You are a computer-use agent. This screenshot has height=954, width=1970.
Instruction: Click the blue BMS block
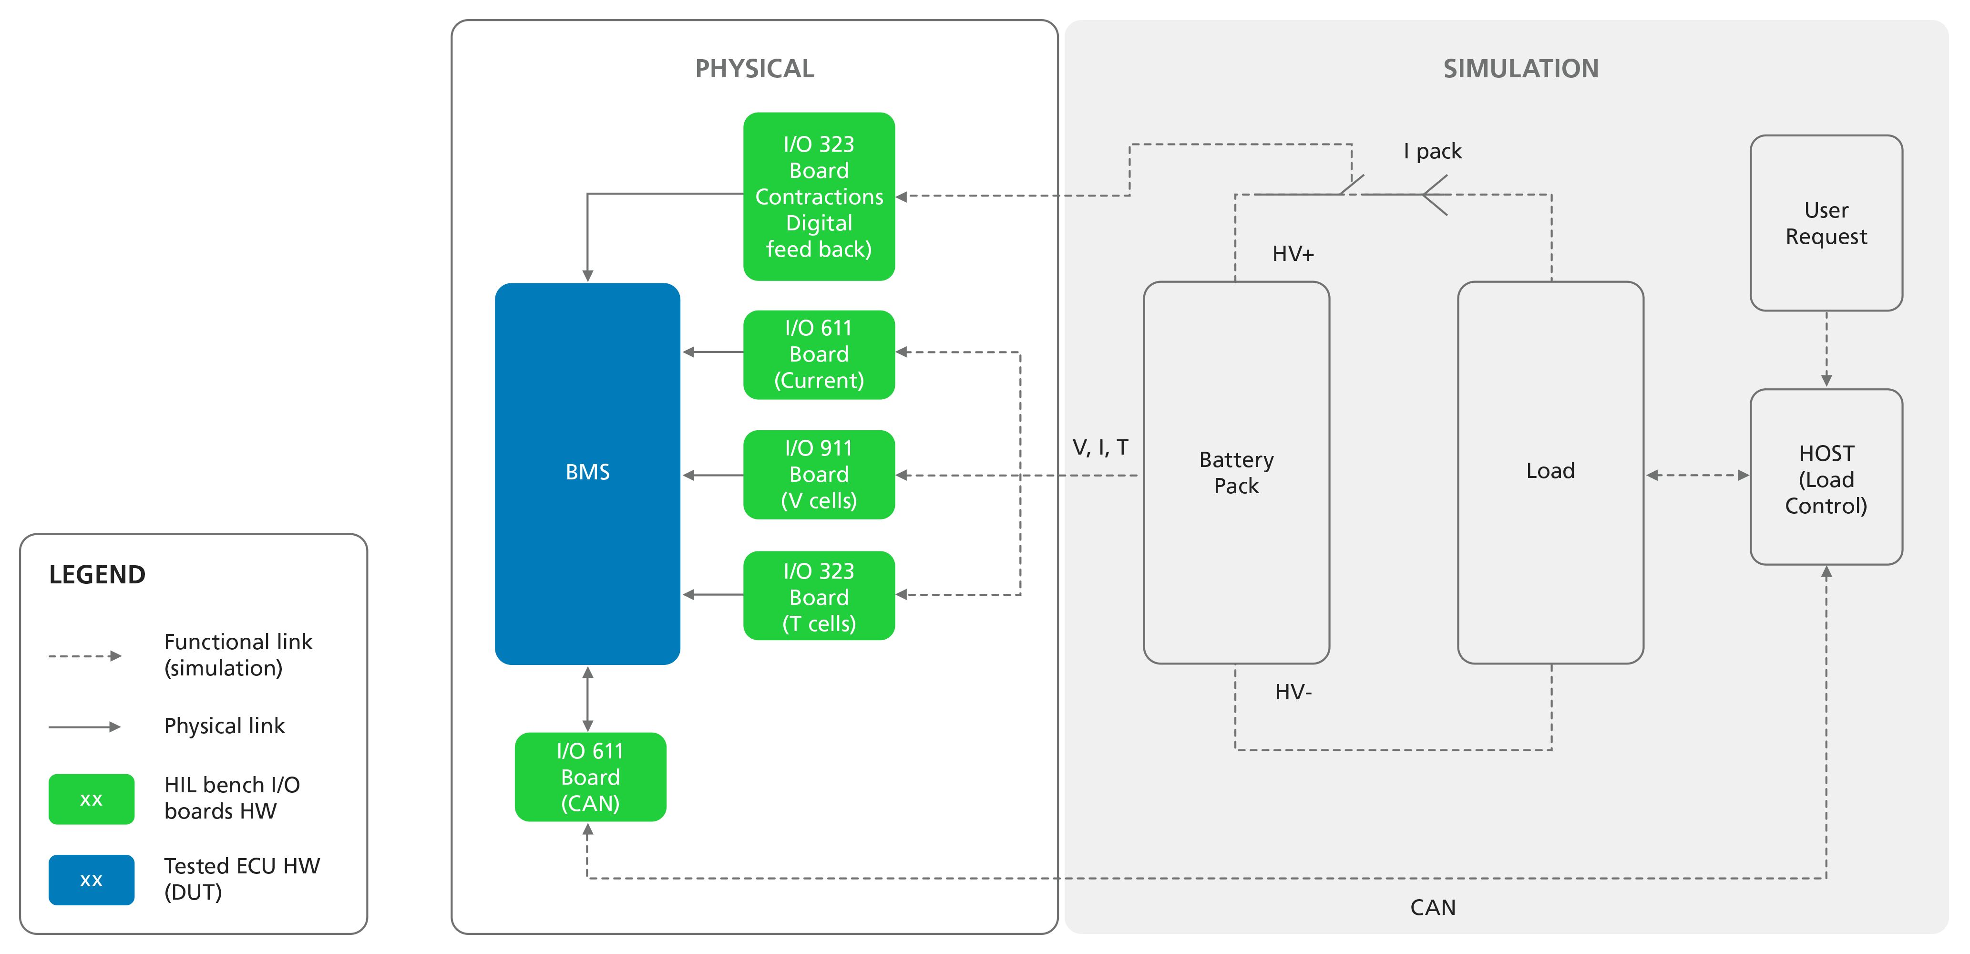(x=587, y=473)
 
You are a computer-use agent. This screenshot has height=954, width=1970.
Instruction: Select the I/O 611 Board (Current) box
(x=818, y=354)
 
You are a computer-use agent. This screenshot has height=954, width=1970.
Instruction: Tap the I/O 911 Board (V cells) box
(x=818, y=474)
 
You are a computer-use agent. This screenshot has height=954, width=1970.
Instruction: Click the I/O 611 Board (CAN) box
(x=590, y=777)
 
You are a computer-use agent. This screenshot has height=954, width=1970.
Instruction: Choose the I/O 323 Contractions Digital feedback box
(x=818, y=197)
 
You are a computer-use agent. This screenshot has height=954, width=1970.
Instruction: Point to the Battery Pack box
(x=1236, y=473)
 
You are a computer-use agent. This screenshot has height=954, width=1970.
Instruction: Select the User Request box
(x=1826, y=223)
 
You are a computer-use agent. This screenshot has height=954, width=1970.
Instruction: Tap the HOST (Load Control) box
(x=1826, y=478)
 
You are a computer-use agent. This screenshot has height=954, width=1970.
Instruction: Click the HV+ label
(x=1293, y=254)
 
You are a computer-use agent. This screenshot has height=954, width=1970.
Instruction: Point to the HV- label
(x=1293, y=692)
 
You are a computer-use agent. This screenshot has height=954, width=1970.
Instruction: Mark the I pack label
(x=1432, y=152)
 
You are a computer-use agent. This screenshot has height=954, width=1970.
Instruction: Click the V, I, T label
(x=1100, y=447)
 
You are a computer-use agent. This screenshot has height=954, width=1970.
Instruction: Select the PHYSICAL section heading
(x=754, y=69)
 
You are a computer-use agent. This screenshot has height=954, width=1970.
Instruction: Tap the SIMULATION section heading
(x=1520, y=69)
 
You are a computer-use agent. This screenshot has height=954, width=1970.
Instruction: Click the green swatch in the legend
(x=91, y=798)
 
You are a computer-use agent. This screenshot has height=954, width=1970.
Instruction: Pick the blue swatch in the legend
(x=91, y=880)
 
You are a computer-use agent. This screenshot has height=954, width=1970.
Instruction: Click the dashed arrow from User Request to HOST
(x=1826, y=349)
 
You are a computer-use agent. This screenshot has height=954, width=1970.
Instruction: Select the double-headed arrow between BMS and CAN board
(x=587, y=698)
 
